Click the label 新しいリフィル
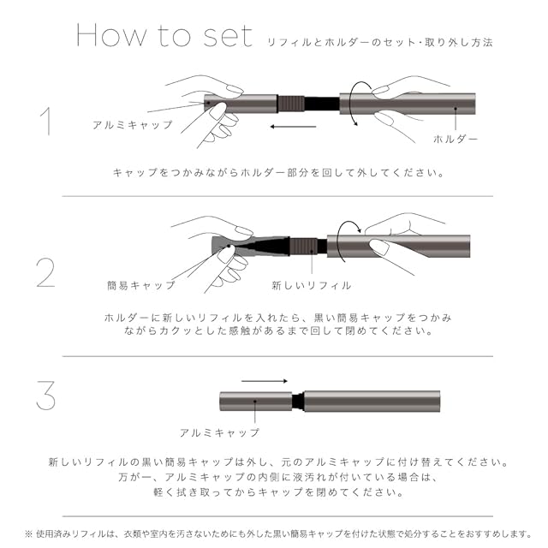point(311,284)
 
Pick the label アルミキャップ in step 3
point(220,432)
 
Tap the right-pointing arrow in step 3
point(265,381)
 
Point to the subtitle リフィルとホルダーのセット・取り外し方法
point(380,40)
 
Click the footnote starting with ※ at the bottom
point(274,533)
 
